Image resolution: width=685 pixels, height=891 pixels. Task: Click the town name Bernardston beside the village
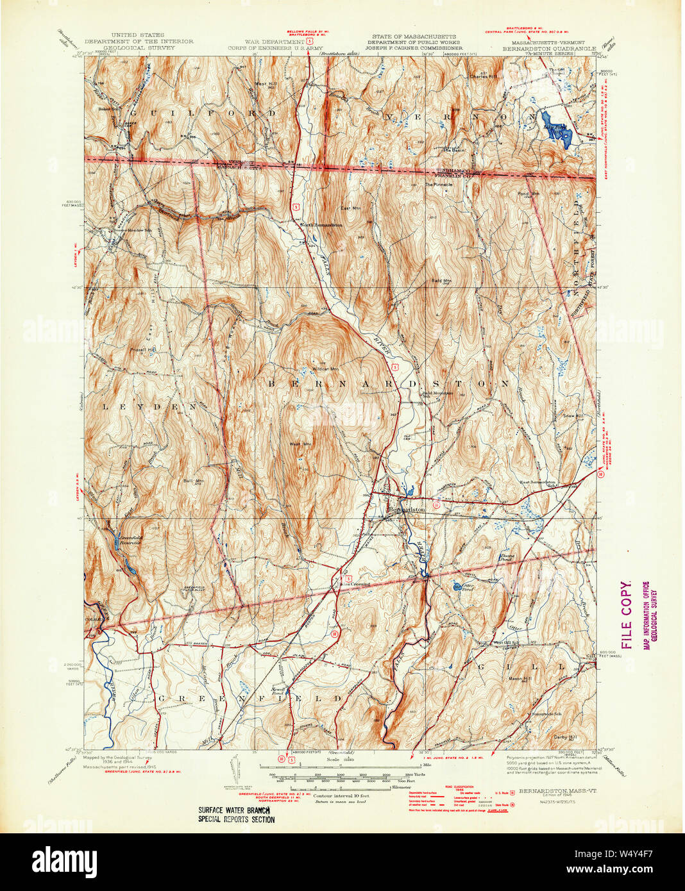click(x=407, y=509)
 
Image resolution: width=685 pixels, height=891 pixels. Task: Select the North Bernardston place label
click(x=321, y=225)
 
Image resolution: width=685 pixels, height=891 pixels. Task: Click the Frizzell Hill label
click(x=142, y=349)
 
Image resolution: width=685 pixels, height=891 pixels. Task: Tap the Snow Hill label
click(x=573, y=416)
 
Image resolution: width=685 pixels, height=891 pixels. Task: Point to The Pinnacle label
click(x=439, y=185)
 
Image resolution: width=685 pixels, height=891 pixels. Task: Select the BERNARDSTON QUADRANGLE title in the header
click(x=549, y=48)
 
